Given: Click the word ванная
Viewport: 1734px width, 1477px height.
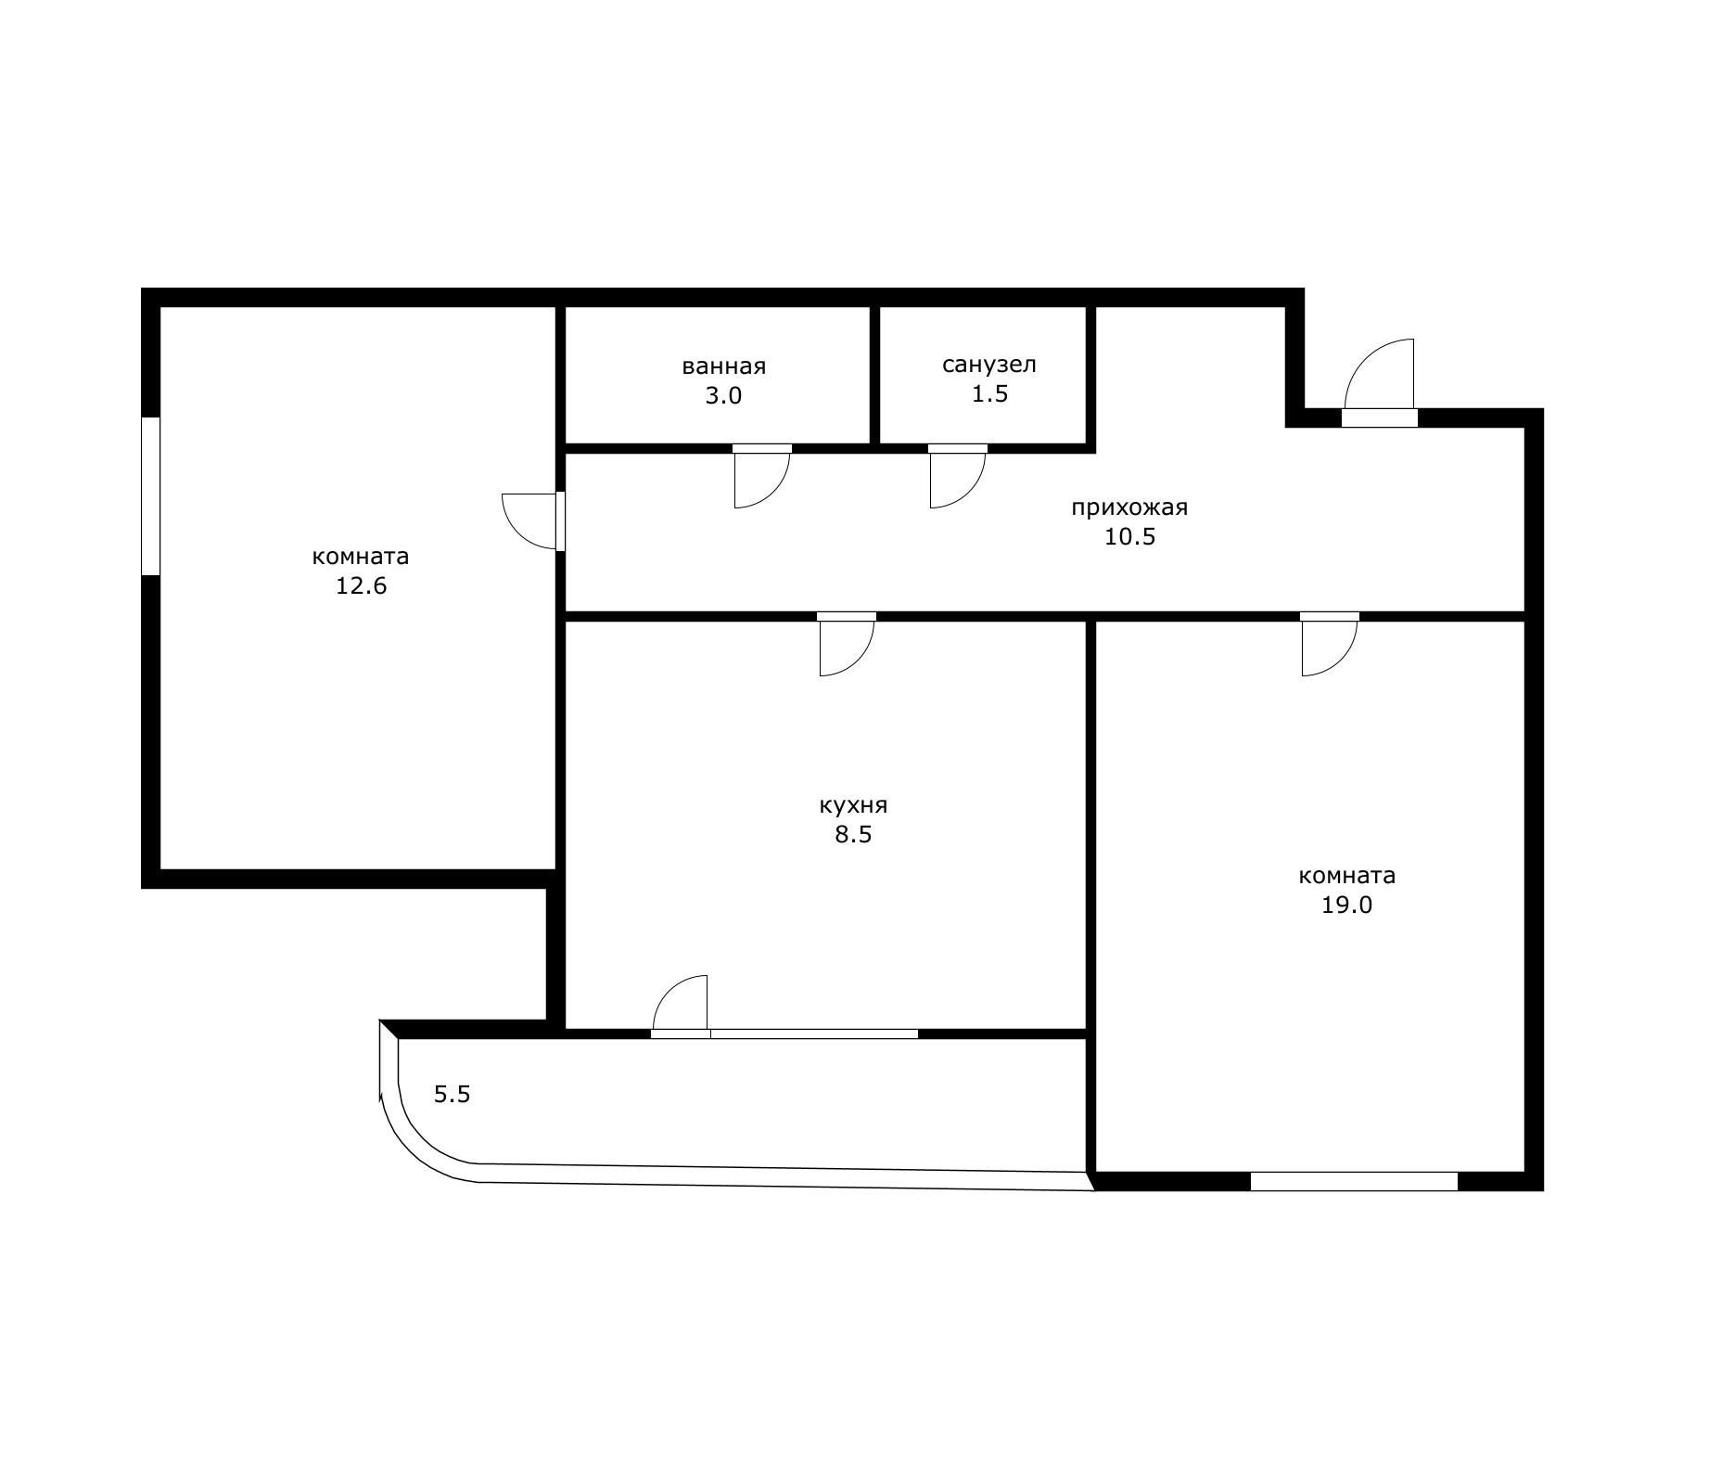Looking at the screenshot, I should pos(723,366).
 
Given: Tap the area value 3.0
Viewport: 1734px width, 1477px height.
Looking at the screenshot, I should pos(723,396).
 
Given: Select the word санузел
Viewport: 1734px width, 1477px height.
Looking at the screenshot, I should pos(988,365).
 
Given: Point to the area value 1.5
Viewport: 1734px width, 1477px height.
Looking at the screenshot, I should pos(988,394).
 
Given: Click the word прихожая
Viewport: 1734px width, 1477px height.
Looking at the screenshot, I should pos(1128,507).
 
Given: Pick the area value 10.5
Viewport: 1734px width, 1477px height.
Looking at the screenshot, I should pos(1128,537).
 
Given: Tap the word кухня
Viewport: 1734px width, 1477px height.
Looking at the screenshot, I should pos(853,805).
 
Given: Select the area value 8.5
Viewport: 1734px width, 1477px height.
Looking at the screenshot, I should pos(853,835).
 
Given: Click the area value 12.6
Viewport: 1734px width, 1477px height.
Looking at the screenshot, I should pos(361,586).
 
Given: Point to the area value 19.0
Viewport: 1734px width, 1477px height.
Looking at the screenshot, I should pos(1346,905).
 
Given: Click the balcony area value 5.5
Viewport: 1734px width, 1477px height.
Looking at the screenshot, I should pos(453,1095).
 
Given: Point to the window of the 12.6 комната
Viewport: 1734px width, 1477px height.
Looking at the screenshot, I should pos(150,495).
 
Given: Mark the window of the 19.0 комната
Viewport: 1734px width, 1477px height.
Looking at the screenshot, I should pos(1353,1181).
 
